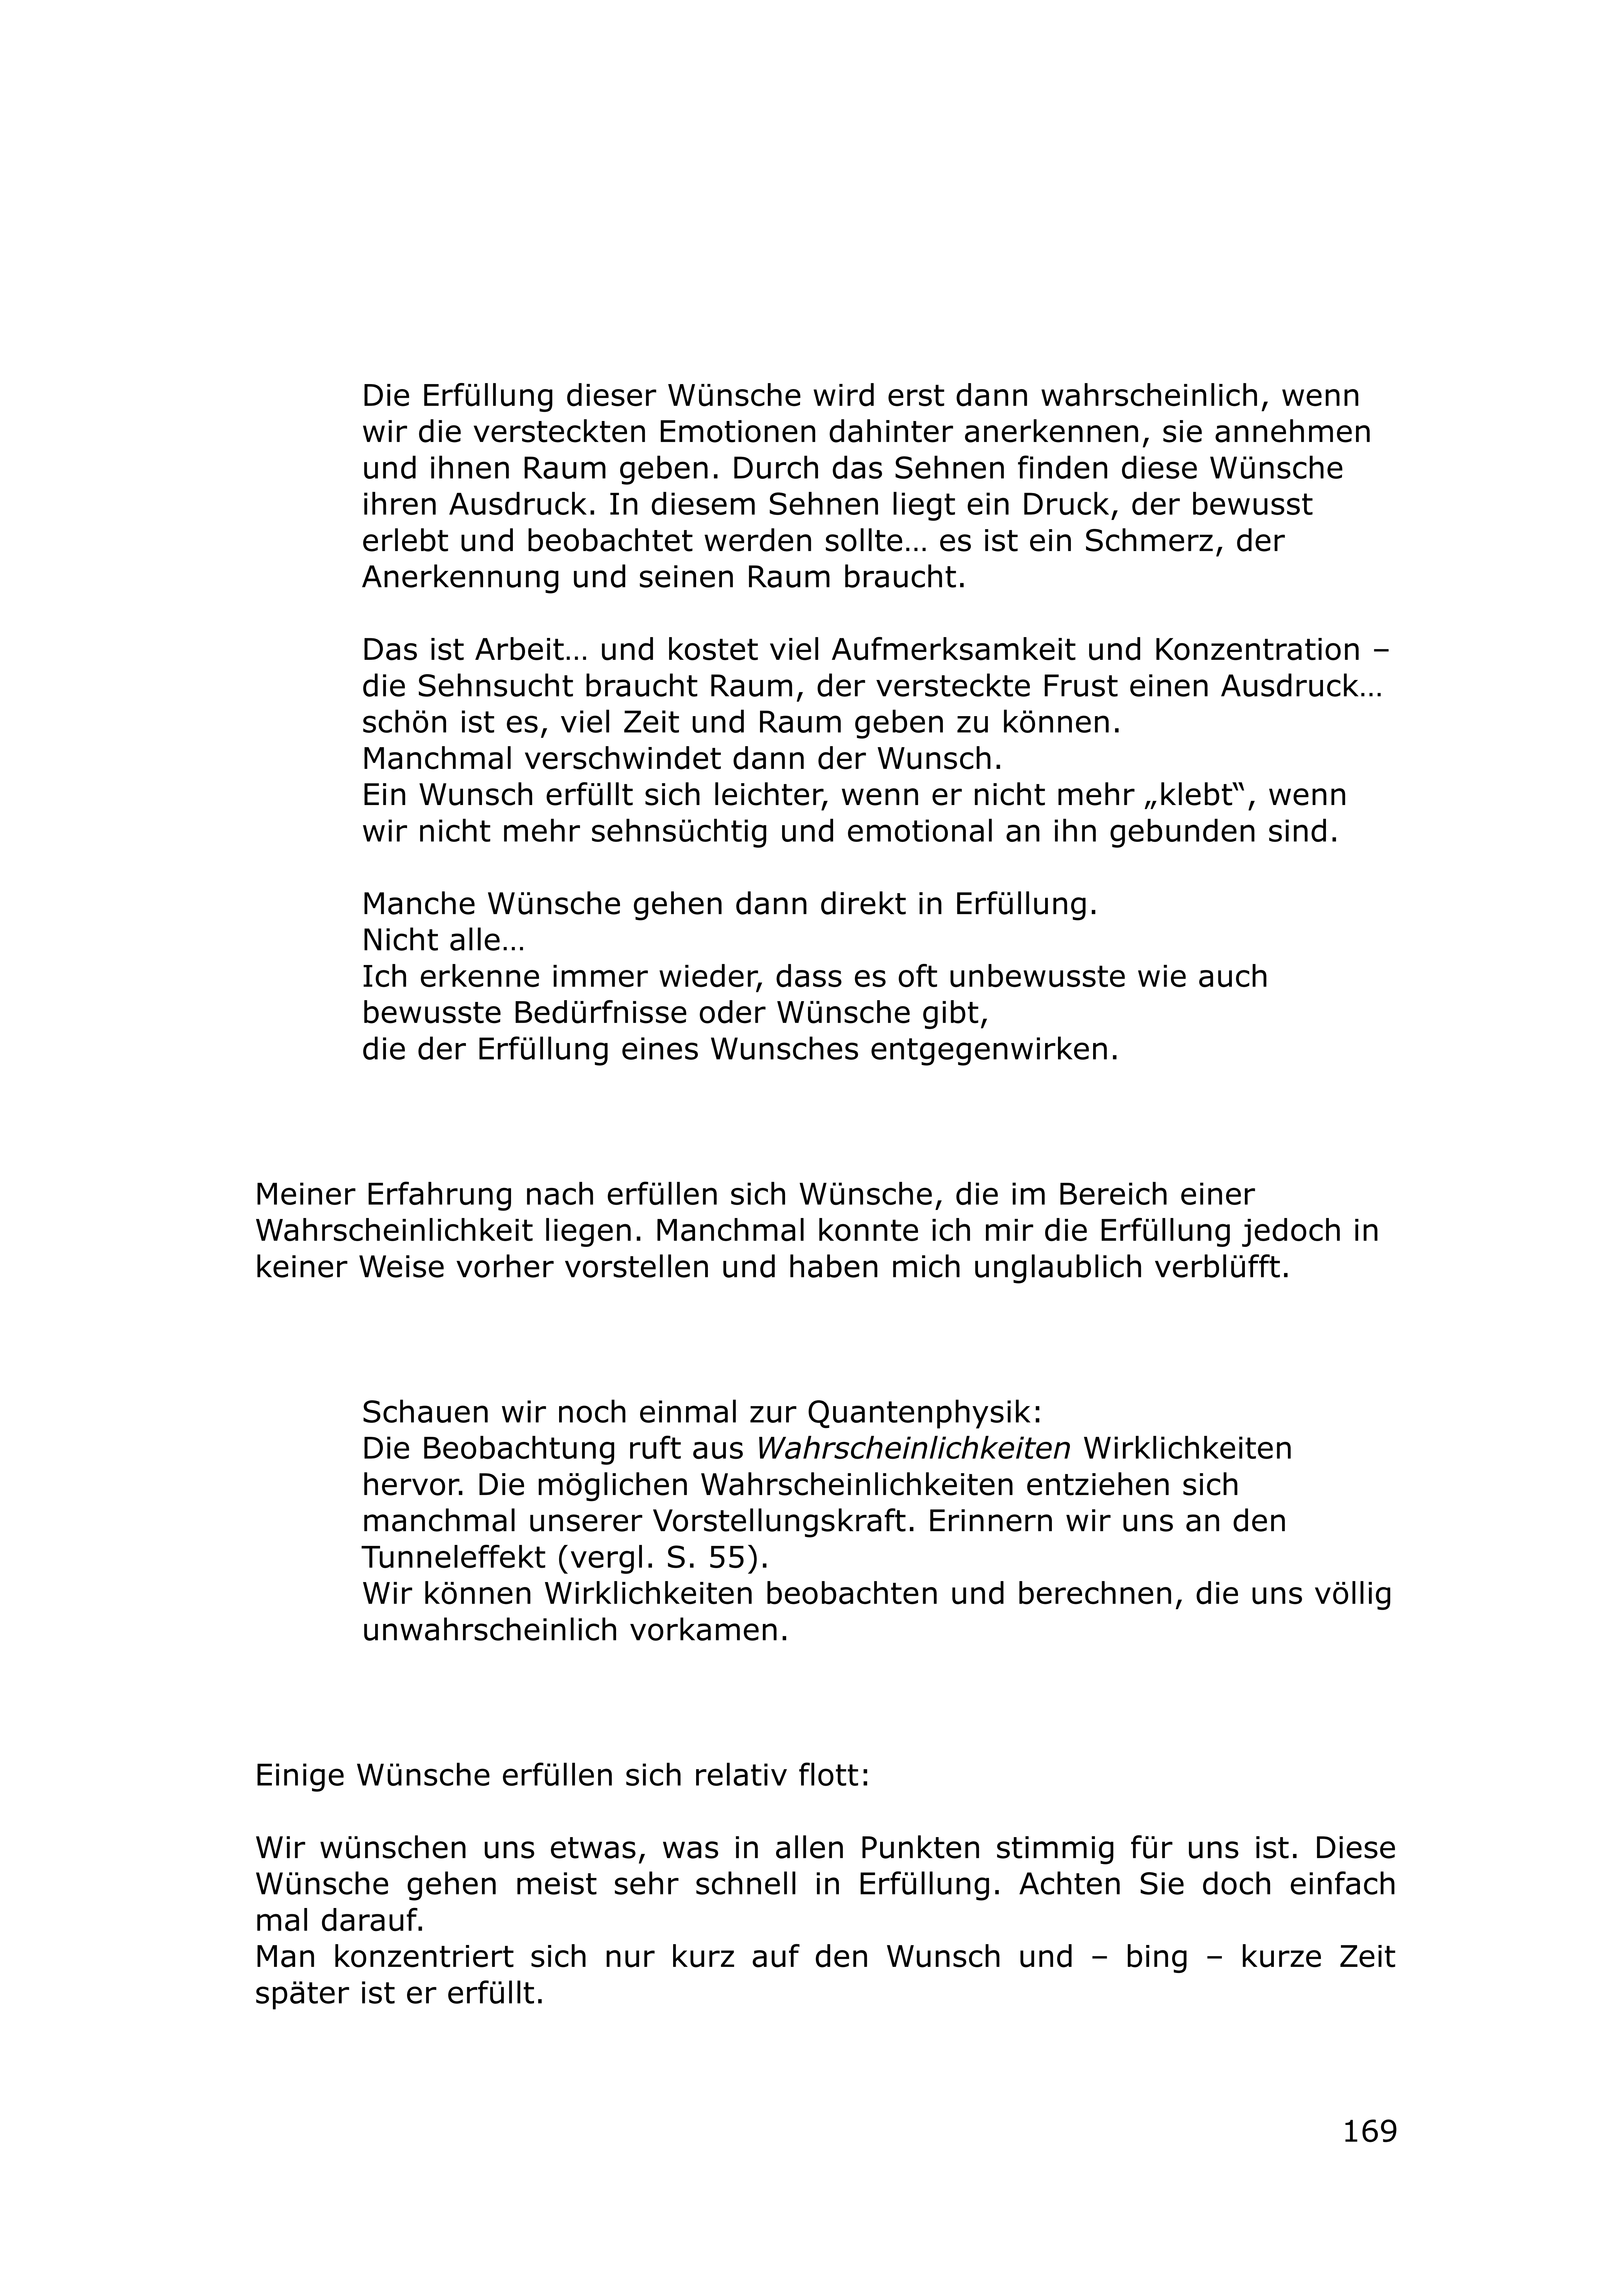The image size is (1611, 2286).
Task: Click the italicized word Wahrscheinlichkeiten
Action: (913, 1449)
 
